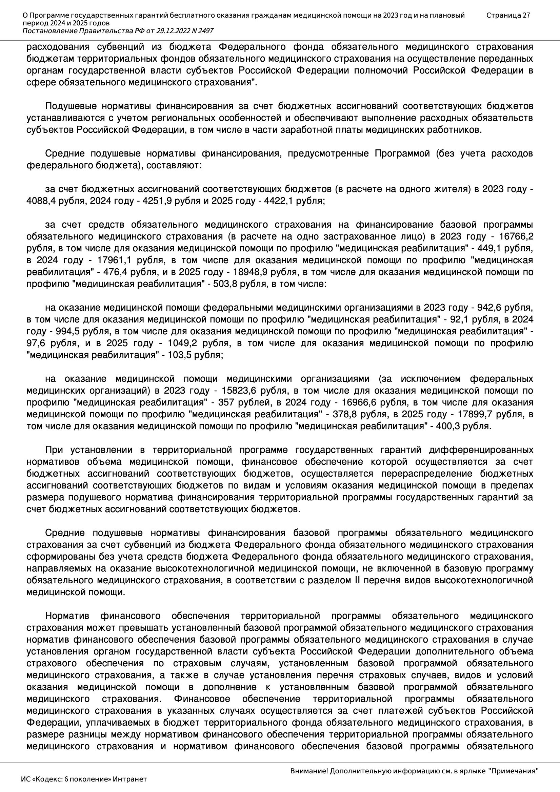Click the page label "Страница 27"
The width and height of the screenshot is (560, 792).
(x=508, y=15)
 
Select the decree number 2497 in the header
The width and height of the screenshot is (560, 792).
(x=205, y=31)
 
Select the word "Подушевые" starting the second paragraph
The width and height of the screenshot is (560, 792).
(x=71, y=106)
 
